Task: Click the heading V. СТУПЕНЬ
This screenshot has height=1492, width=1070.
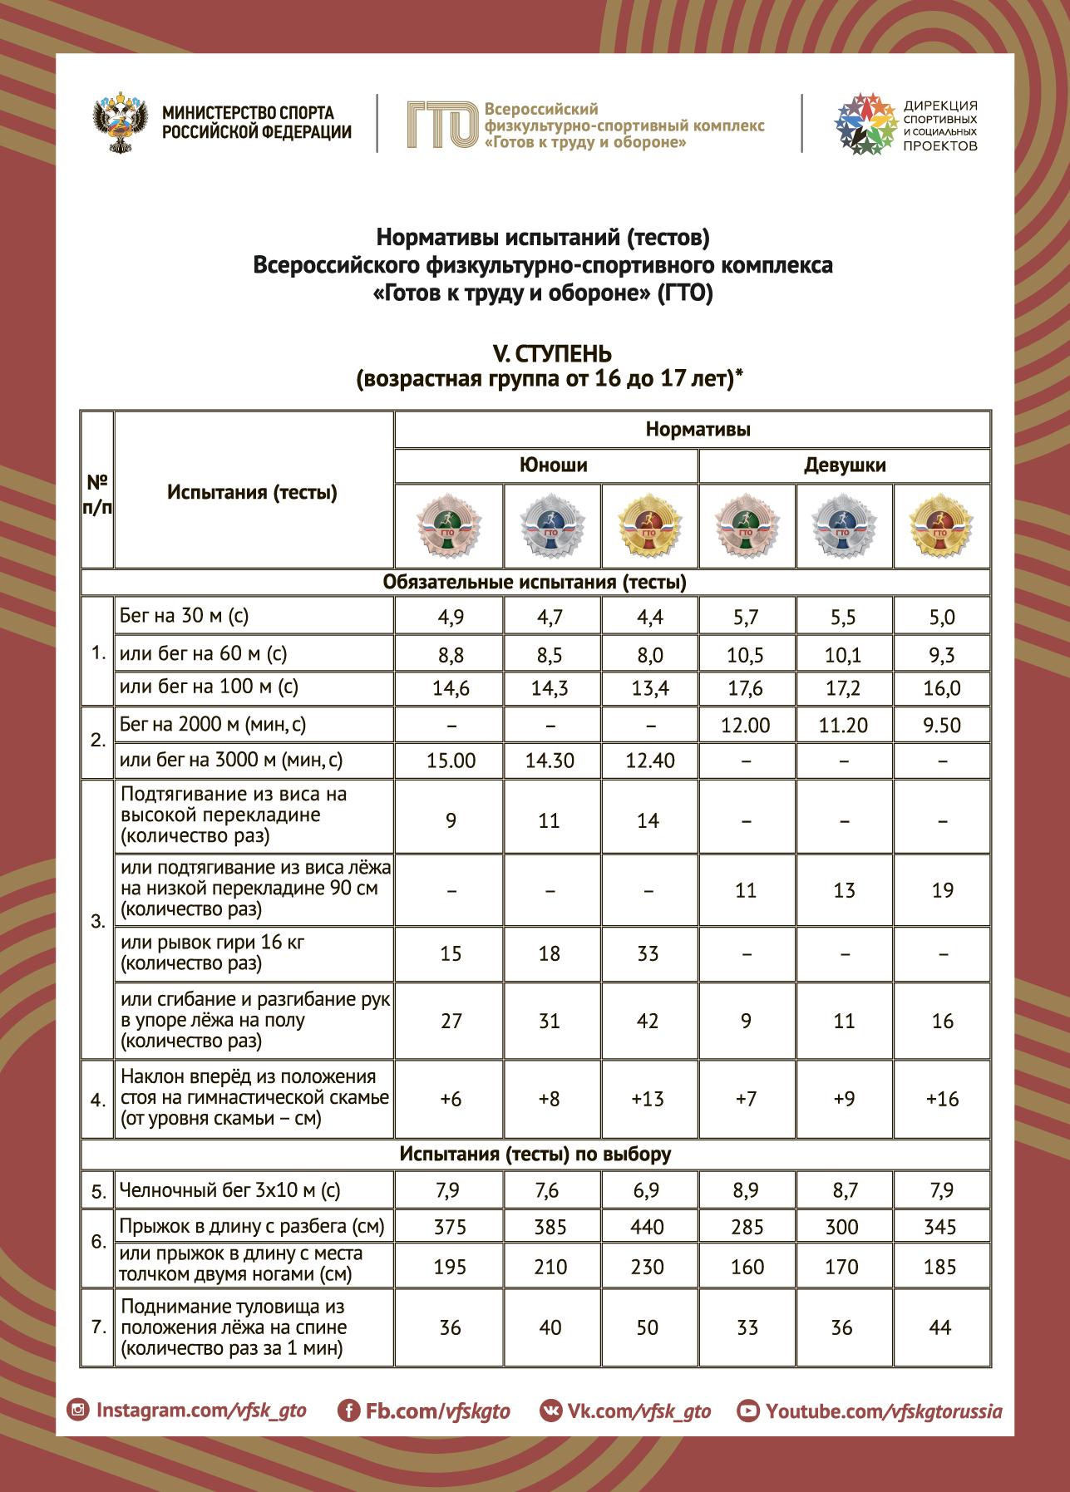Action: coord(551,354)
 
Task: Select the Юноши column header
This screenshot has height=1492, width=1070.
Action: coord(553,465)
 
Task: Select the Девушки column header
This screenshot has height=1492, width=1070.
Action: coord(844,465)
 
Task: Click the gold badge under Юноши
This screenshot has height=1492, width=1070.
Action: coord(649,526)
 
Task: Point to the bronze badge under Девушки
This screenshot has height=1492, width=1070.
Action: coord(747,526)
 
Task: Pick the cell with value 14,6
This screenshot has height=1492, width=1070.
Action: coord(451,688)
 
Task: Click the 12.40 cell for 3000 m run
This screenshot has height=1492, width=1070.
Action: coord(649,761)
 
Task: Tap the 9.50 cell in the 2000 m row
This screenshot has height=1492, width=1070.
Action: coord(941,726)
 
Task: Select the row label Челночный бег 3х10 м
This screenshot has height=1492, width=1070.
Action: coord(229,1190)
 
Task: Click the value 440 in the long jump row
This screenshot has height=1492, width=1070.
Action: coord(647,1227)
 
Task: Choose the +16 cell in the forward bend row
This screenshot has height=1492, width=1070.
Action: coord(942,1099)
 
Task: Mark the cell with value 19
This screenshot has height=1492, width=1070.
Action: coord(942,890)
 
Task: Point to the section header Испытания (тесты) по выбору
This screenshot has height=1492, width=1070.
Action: coord(535,1154)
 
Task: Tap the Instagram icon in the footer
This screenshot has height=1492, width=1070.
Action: coord(77,1410)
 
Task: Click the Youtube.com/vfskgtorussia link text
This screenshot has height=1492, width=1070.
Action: coord(883,1411)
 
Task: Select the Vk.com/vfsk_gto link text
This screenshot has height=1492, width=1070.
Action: coord(639,1411)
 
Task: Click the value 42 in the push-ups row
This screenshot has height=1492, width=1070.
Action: coord(647,1021)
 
